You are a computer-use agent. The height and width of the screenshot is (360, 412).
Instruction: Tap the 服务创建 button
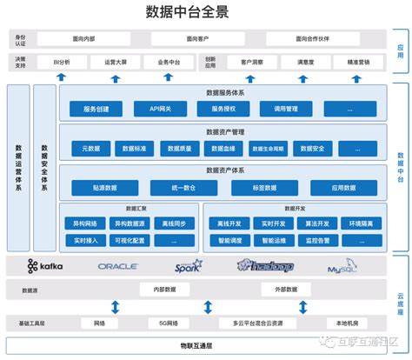96,109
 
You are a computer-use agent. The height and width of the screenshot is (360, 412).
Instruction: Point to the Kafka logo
45,265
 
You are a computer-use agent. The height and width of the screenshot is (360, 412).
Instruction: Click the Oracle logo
118,266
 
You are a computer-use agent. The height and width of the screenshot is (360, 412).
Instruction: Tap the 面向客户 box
196,39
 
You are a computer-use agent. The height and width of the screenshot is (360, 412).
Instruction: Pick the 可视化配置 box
131,238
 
